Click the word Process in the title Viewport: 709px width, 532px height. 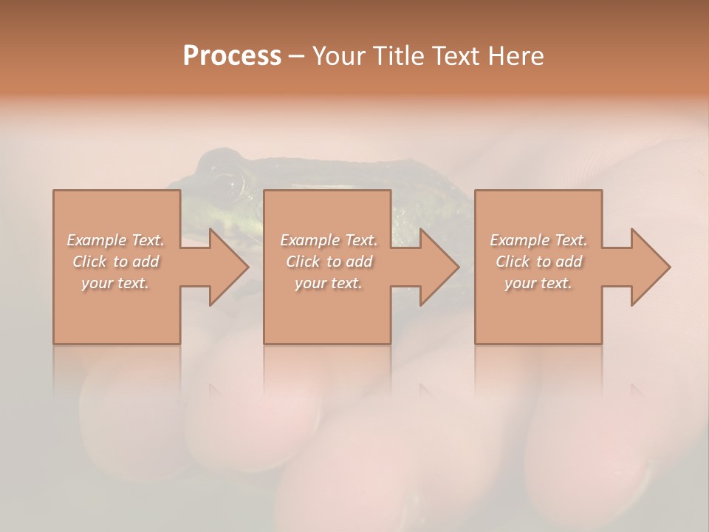click(232, 55)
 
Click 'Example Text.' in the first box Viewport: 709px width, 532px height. click(116, 240)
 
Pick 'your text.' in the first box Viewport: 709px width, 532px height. click(116, 283)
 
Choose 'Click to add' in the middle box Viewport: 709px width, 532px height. click(329, 262)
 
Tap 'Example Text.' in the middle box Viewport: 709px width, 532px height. click(329, 240)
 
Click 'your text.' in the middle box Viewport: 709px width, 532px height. click(329, 283)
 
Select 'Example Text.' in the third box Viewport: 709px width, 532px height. click(538, 240)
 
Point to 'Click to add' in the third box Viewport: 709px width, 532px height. click(538, 262)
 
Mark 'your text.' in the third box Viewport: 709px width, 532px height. click(538, 283)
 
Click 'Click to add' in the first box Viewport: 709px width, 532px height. click(116, 262)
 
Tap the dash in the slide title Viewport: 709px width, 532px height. click(296, 57)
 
